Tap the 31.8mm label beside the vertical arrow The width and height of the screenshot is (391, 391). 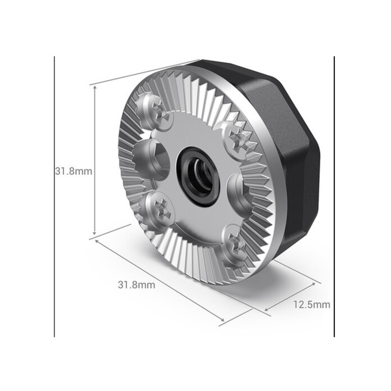point(74,172)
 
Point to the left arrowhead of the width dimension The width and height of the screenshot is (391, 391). point(97,241)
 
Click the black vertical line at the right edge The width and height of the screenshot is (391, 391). point(334,195)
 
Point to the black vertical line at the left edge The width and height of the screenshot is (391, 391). point(54,195)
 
